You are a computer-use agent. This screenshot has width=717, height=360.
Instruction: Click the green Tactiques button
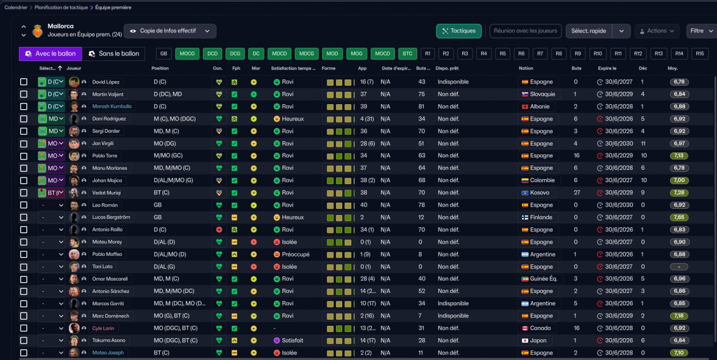458,31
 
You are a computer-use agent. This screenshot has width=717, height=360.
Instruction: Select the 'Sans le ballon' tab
114,54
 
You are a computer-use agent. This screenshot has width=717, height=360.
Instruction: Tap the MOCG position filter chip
187,54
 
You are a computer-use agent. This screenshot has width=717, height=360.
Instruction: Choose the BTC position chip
407,54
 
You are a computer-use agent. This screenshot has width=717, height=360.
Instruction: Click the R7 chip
540,54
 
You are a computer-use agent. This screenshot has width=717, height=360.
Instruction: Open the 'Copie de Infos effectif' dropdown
170,31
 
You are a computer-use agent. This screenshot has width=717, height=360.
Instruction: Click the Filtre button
701,31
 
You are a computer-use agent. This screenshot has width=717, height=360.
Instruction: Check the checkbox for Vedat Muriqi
24,193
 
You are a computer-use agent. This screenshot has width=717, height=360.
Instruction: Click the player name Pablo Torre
105,156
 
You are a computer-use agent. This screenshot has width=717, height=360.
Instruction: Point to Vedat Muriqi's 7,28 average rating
679,193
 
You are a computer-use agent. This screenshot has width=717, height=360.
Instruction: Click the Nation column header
526,68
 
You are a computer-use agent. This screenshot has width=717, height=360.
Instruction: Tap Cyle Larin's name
103,328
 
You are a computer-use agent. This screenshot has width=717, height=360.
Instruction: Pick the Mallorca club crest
38,31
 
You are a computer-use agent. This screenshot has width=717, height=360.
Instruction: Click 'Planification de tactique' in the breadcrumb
61,7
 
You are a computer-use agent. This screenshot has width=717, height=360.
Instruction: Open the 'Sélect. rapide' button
589,31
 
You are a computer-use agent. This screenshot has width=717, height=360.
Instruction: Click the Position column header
160,68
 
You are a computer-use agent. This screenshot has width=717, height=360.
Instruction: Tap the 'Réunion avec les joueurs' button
525,31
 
